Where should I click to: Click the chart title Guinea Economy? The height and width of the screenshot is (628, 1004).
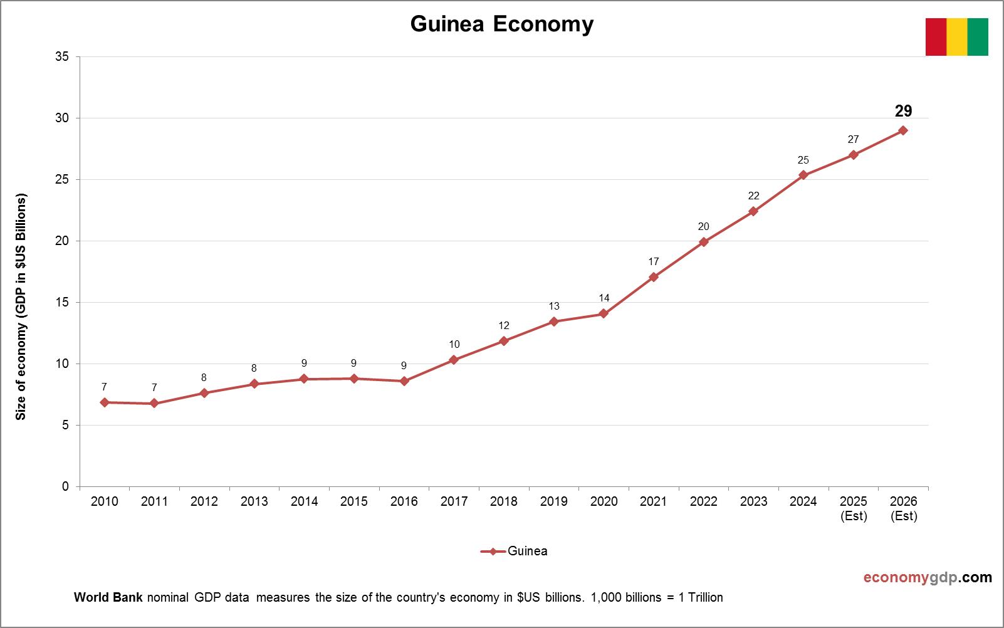coord(501,24)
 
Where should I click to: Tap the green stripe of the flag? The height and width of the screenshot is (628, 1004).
coord(978,37)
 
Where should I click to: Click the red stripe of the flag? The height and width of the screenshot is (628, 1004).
coord(936,37)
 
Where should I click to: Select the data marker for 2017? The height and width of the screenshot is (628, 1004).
coord(454,360)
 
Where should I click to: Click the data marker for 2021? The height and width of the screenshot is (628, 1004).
coord(654,277)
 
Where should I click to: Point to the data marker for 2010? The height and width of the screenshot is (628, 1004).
coord(104,402)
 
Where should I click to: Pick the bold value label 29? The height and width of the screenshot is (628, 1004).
coord(903,112)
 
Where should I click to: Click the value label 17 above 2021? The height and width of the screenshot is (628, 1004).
coord(654,262)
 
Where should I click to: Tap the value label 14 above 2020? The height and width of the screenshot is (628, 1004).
coord(604,298)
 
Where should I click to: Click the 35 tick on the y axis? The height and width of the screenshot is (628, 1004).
coord(62,57)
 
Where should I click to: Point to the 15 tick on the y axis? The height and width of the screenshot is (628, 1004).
coord(62,303)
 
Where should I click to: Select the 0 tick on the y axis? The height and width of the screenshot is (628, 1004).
coord(65,487)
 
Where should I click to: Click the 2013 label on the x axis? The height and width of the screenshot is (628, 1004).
coord(254,501)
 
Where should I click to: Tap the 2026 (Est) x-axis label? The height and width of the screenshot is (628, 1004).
coord(903,508)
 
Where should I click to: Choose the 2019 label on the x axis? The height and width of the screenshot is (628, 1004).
coord(553,501)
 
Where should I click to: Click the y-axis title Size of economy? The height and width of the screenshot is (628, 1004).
coord(21,307)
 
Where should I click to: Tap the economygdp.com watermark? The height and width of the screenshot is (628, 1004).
coord(928,577)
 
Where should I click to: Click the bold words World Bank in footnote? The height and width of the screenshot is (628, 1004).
coord(108,597)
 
